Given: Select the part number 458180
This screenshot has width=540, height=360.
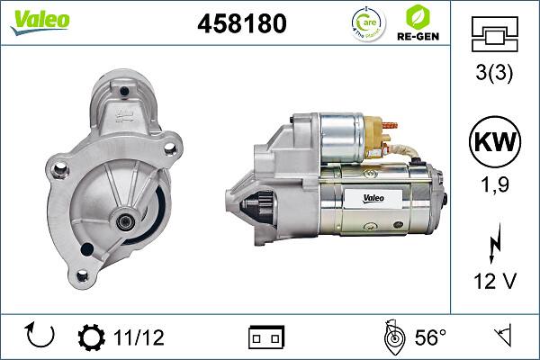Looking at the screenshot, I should (x=241, y=24).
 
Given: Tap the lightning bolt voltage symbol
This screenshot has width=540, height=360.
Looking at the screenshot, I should (x=495, y=242).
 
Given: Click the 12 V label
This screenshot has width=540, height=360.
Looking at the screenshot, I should (x=495, y=282).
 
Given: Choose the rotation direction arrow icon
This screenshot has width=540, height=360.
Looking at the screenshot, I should (x=41, y=337).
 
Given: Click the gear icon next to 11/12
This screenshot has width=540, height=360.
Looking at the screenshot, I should (x=92, y=337).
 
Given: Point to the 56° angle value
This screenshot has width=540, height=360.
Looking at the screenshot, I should (x=429, y=337).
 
